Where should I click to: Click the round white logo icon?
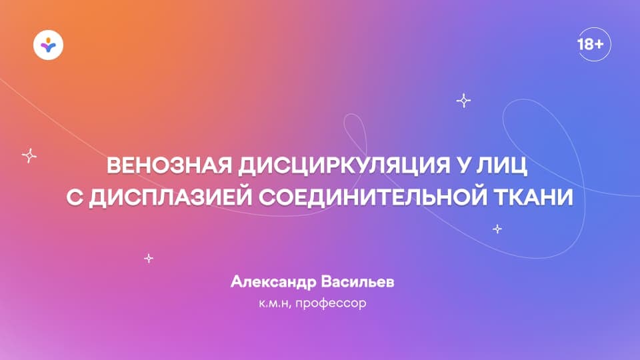48,45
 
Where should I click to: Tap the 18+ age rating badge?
590,45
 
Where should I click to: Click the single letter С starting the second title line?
74,198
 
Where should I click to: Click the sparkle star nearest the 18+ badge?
463,101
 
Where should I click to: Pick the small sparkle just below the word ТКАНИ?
497,229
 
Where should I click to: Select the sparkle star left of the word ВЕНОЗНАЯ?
29,155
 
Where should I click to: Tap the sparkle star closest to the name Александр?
149,257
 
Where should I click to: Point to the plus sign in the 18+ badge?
599,45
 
